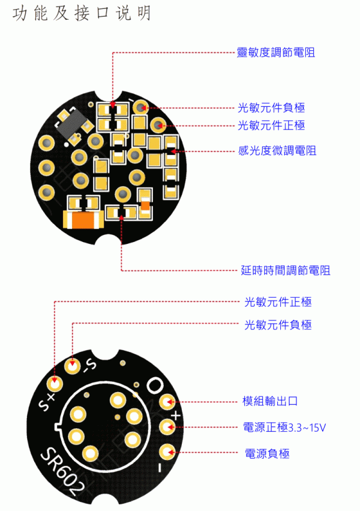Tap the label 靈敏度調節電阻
pos(276,52)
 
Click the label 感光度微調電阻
pos(277,151)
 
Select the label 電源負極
pos(267,454)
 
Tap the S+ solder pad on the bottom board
pos(56,383)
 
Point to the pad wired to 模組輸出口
pos(169,401)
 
